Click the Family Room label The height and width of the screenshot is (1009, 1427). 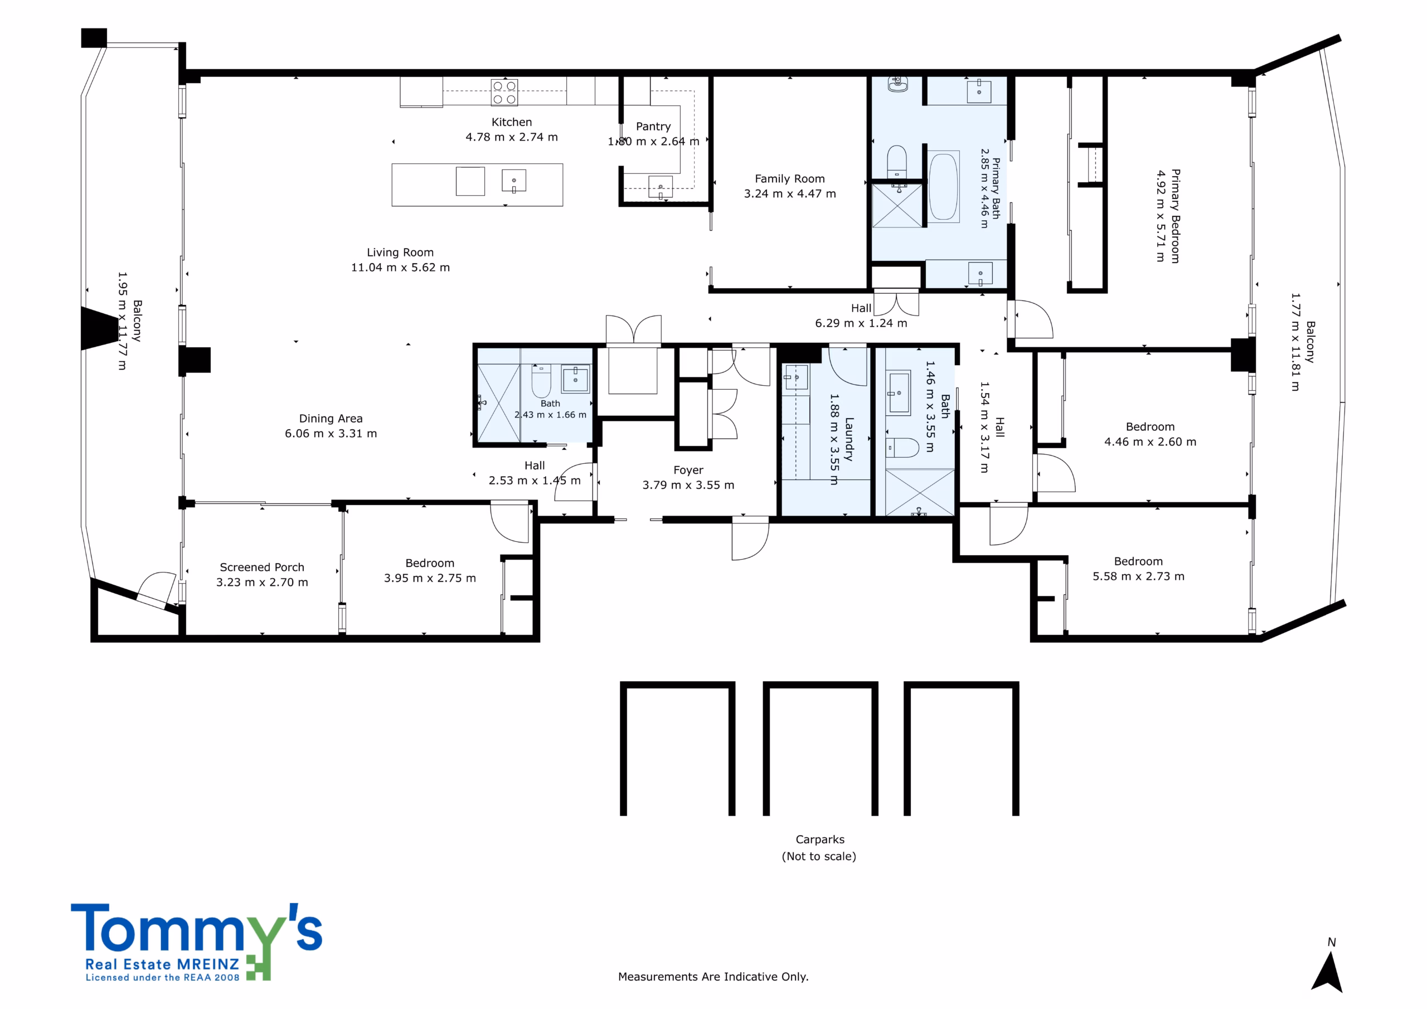[790, 179]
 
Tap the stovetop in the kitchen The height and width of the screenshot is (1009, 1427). [504, 93]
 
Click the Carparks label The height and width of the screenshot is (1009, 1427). [820, 840]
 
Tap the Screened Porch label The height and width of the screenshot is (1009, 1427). [263, 567]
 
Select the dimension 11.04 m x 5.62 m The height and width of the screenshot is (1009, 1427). [400, 268]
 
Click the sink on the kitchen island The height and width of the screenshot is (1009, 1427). [514, 181]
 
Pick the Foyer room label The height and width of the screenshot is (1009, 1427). [688, 470]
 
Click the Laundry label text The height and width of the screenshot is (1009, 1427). [850, 439]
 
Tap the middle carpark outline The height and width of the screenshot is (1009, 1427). [821, 749]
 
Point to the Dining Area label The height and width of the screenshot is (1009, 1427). [331, 419]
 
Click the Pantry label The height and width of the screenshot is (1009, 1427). [653, 127]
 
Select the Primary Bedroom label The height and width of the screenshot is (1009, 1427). [1175, 216]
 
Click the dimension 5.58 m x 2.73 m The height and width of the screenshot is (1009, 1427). [1139, 577]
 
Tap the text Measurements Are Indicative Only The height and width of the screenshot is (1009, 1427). [713, 977]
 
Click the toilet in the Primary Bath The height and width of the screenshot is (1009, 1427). [897, 163]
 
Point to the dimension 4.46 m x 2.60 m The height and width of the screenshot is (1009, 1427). [1151, 442]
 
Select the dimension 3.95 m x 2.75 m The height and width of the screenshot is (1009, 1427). [430, 578]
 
